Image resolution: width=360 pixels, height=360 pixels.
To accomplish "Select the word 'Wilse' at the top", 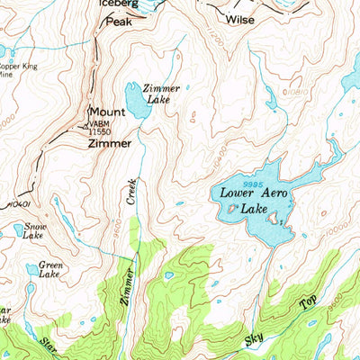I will tap(239, 19).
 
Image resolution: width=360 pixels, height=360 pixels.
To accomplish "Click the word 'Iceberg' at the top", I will tap(117, 4).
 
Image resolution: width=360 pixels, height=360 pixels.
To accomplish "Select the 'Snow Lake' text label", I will tap(35, 231).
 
